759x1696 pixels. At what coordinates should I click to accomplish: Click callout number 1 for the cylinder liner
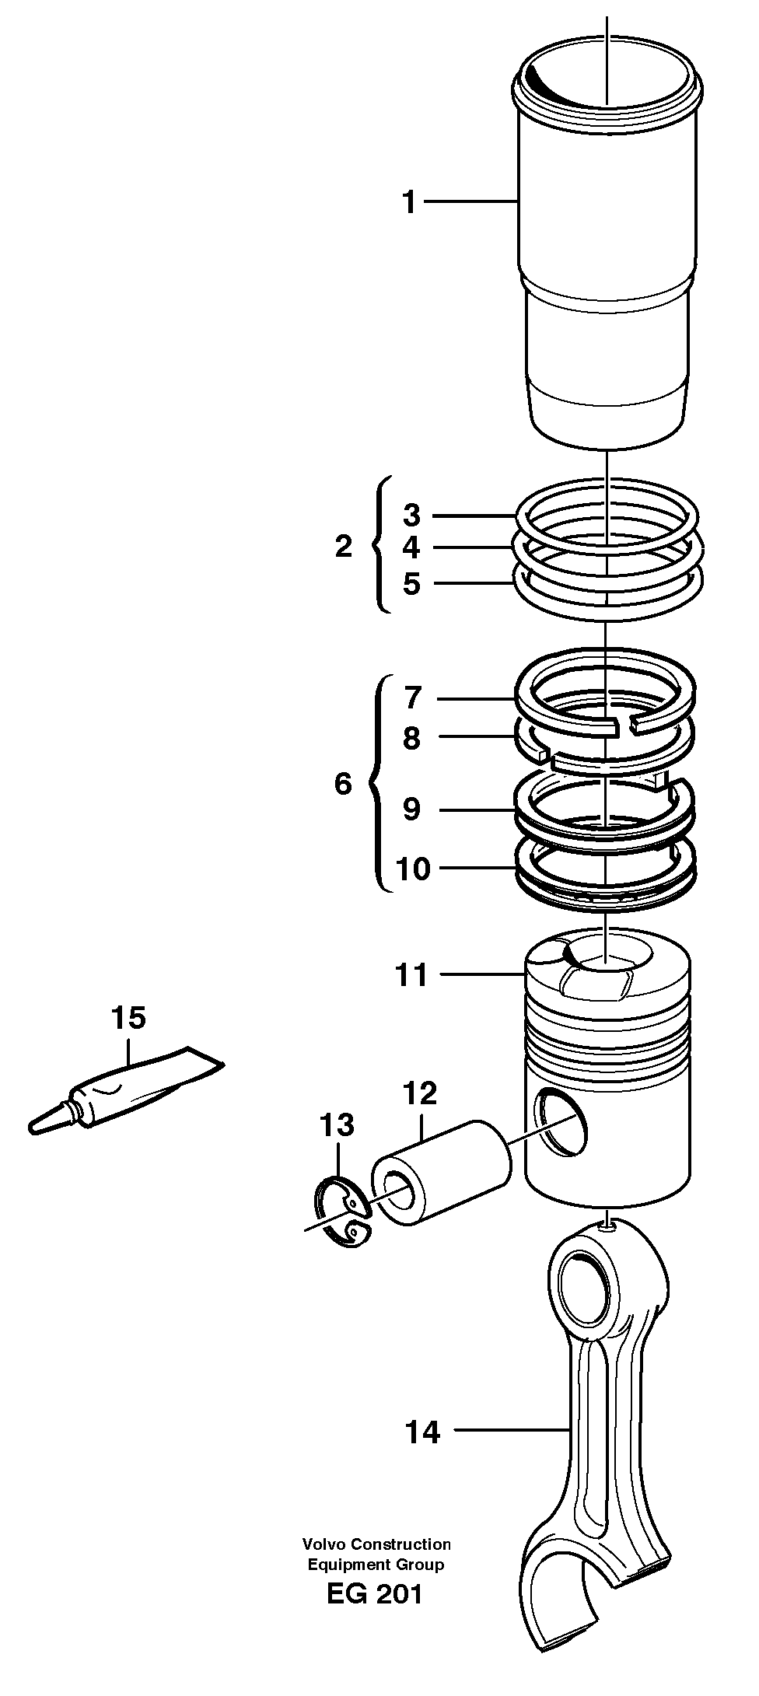pyautogui.click(x=409, y=203)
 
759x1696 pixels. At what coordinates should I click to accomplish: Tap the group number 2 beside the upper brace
pyautogui.click(x=344, y=547)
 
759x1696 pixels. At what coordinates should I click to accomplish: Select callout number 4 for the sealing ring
pyautogui.click(x=411, y=548)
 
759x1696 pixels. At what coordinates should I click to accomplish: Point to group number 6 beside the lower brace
pyautogui.click(x=343, y=784)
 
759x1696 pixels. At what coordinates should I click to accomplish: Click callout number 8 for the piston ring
pyautogui.click(x=411, y=738)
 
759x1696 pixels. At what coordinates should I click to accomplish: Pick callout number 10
pyautogui.click(x=413, y=869)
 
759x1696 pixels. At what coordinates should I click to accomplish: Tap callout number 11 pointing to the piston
pyautogui.click(x=412, y=974)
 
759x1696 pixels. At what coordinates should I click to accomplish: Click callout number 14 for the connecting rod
pyautogui.click(x=422, y=1432)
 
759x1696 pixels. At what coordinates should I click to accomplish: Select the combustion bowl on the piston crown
pyautogui.click(x=603, y=961)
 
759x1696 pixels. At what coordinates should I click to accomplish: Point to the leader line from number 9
pyautogui.click(x=474, y=810)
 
